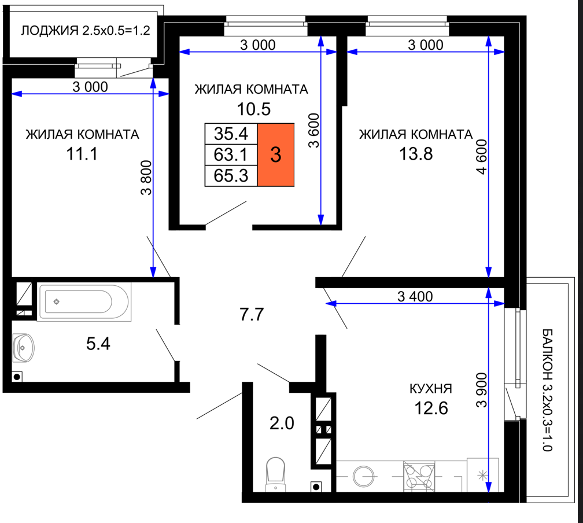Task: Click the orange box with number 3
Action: point(276,154)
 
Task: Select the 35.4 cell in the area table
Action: point(231,134)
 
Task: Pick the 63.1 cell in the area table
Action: point(231,154)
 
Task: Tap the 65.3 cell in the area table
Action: point(231,175)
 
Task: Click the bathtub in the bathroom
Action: point(84,301)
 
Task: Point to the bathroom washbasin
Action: point(23,348)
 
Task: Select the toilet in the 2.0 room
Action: point(275,474)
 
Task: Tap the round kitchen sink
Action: point(363,476)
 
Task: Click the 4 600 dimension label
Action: point(481,157)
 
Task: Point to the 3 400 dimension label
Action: point(415,296)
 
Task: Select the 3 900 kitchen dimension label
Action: point(481,390)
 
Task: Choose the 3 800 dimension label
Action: point(146,178)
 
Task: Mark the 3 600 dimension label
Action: point(314,131)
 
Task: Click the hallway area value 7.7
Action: point(252,314)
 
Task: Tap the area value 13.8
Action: point(416,154)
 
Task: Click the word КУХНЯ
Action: point(431,389)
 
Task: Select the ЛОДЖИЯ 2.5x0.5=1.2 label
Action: point(86,31)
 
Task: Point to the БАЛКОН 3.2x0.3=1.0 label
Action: point(547,390)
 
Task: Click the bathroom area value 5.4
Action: point(98,344)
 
